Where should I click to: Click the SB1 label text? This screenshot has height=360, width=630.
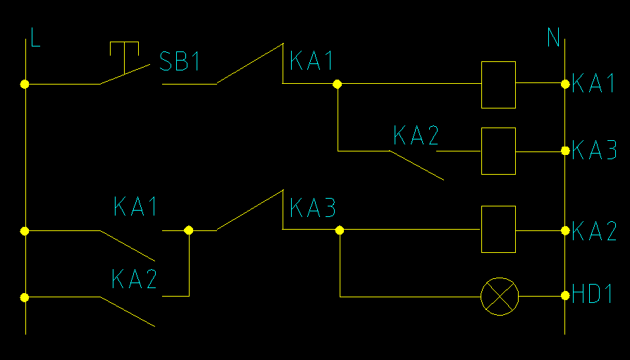(180, 62)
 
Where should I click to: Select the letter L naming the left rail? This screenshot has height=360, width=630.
(35, 37)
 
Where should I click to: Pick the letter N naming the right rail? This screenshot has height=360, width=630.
(554, 37)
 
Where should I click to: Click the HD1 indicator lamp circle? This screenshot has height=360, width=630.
(499, 297)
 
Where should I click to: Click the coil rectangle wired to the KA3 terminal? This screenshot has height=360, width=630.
(498, 151)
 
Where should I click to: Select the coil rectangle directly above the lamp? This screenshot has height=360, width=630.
(498, 230)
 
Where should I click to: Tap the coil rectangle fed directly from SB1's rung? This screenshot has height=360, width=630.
(498, 85)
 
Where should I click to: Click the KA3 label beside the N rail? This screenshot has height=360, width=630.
(594, 151)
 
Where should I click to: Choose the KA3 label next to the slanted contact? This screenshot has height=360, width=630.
(312, 208)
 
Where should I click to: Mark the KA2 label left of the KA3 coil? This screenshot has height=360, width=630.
(416, 135)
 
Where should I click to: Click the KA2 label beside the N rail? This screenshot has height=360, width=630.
(594, 231)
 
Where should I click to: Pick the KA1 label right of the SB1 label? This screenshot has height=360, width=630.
(311, 62)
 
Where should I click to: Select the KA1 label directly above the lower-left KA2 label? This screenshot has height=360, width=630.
(135, 207)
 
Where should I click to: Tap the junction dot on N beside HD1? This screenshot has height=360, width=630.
(565, 297)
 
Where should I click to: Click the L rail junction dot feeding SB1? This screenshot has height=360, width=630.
(25, 84)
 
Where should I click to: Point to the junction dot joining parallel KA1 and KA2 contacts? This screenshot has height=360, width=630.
(188, 230)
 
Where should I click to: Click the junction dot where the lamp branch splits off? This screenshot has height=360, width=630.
(340, 230)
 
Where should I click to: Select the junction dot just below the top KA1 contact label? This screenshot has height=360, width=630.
(337, 84)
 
